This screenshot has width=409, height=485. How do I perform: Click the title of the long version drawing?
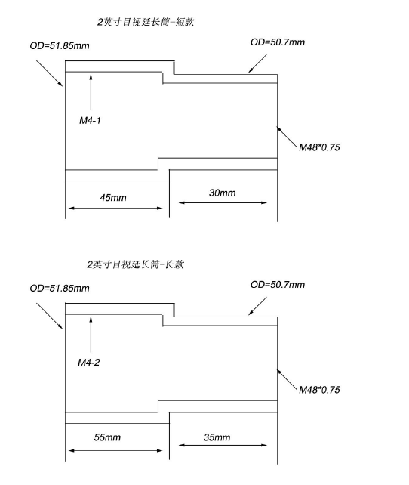pos(135,264)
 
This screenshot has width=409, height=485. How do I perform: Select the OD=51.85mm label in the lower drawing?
pos(60,288)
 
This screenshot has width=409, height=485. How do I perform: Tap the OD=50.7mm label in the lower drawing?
pos(278,284)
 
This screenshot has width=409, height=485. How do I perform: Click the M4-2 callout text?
pos(90,363)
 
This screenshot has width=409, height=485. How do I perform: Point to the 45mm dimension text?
pos(113,198)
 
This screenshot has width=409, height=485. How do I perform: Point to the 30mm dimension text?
pos(222,193)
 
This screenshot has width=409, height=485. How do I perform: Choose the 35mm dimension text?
pos(217,437)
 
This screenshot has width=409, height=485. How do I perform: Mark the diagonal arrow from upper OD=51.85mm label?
pos(49,73)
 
